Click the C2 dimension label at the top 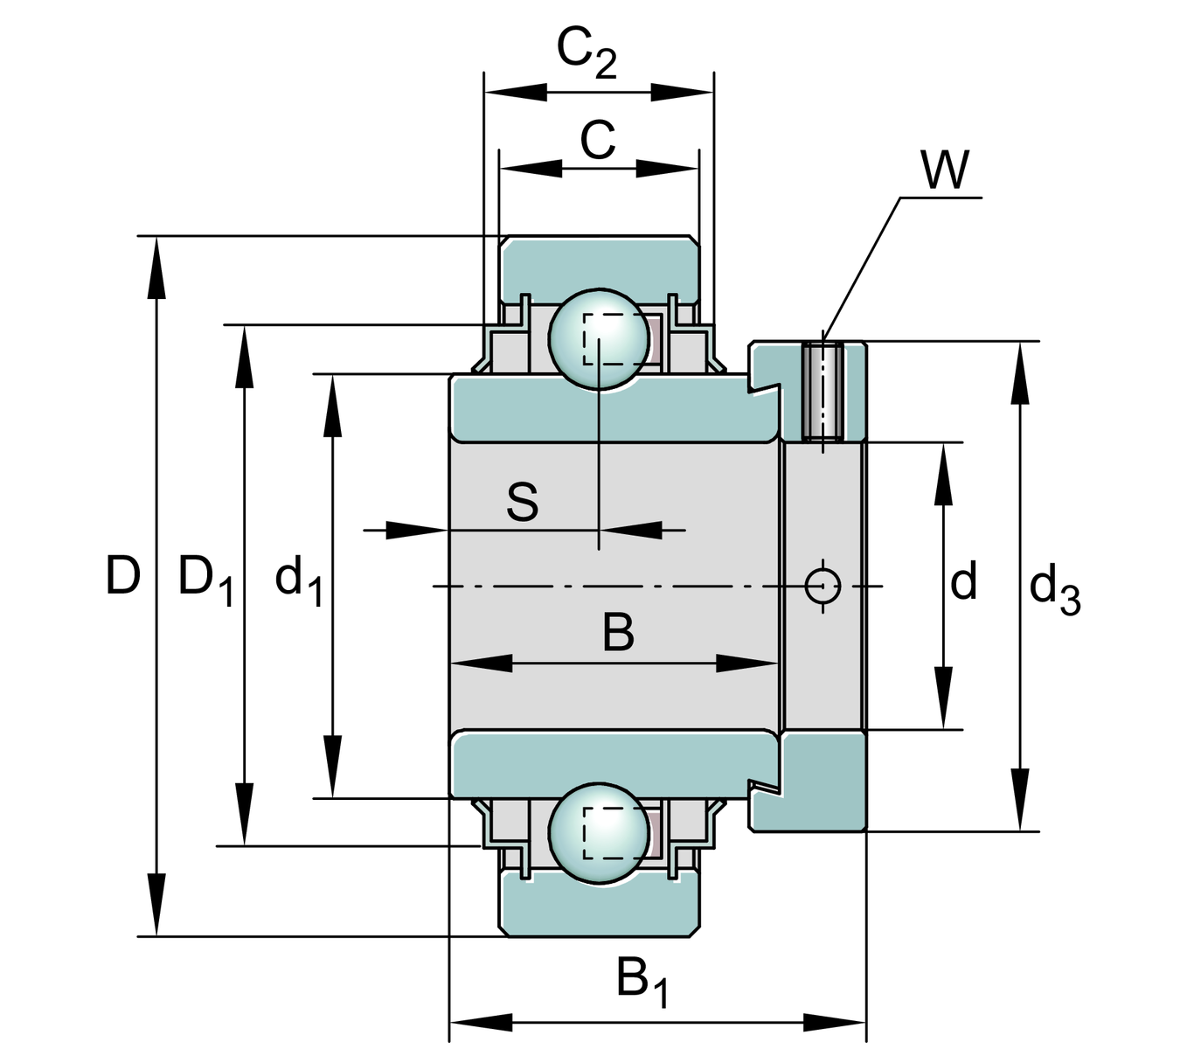click(x=587, y=54)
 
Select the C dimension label click(x=598, y=139)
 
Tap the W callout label click(x=945, y=170)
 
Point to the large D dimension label click(x=122, y=577)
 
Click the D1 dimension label click(x=205, y=580)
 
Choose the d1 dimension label click(x=299, y=581)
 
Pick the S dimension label click(x=522, y=503)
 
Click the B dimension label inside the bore click(x=618, y=633)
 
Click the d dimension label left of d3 click(x=963, y=581)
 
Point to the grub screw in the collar click(x=823, y=391)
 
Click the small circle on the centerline click(x=823, y=585)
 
